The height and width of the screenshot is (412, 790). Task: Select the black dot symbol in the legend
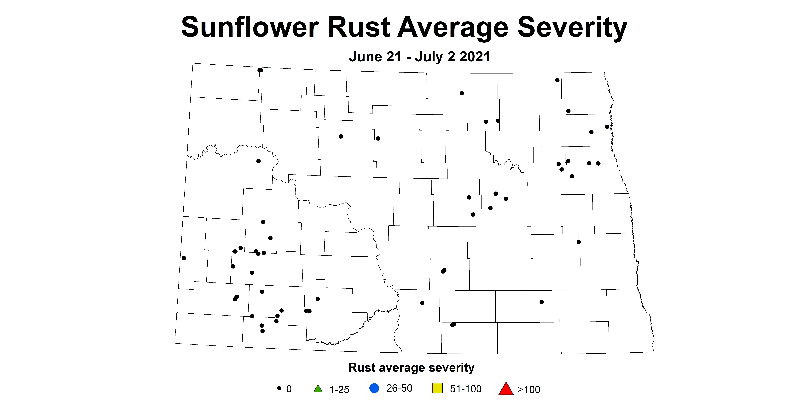click(279, 388)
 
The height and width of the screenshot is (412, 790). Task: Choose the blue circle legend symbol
click(374, 388)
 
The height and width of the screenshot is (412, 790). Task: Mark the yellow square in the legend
click(437, 388)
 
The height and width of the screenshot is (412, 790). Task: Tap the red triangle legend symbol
click(506, 388)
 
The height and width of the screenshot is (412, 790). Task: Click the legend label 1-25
click(339, 389)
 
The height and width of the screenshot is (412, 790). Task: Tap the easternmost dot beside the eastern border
click(607, 127)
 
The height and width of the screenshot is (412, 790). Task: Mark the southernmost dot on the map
click(262, 331)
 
